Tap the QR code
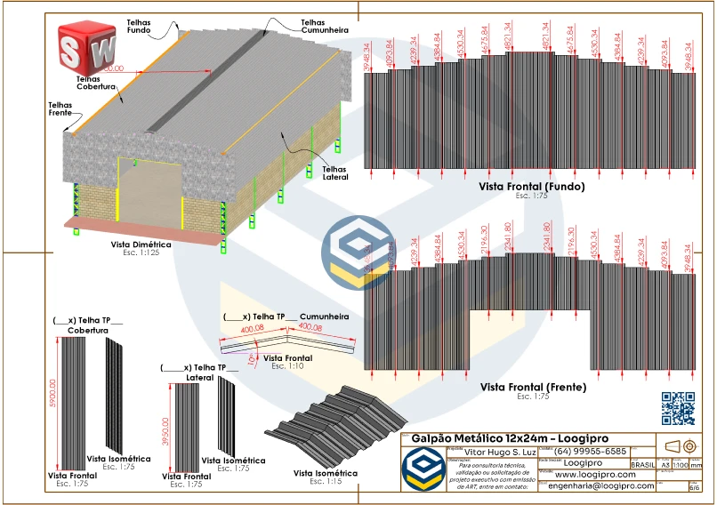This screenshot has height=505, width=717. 678,408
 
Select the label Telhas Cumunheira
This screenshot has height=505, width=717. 324,26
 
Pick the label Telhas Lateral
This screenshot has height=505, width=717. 334,172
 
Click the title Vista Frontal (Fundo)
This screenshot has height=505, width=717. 532,188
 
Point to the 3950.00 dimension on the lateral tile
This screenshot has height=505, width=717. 165,429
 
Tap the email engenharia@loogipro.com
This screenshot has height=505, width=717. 600,486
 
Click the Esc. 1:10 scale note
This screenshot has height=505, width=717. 289,365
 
